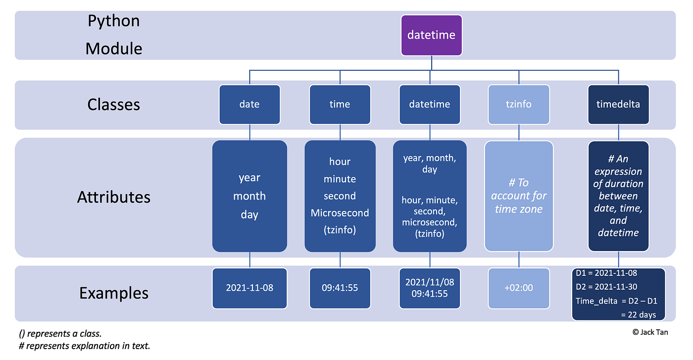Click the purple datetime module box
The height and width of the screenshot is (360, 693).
tap(431, 35)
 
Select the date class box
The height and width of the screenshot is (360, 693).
tap(249, 104)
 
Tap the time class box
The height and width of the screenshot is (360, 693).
tap(340, 104)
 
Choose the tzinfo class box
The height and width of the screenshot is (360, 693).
tap(519, 104)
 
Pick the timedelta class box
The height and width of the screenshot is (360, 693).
tap(618, 104)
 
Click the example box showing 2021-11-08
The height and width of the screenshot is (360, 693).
tap(249, 287)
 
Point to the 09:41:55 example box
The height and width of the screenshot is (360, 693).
tap(340, 287)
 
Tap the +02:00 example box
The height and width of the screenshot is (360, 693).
tap(519, 287)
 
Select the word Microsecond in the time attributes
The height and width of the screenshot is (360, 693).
tap(340, 213)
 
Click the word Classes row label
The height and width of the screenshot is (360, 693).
tap(113, 104)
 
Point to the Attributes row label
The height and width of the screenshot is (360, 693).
tap(113, 197)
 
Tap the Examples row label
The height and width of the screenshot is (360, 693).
tap(113, 293)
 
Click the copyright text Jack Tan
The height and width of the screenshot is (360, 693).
tap(650, 332)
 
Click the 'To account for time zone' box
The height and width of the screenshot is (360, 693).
tap(519, 196)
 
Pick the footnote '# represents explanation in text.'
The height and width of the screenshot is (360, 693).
tap(84, 346)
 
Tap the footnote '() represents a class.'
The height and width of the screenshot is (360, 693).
tap(60, 333)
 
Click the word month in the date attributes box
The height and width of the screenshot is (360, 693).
tap(249, 196)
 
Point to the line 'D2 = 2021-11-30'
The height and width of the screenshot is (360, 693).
tap(606, 287)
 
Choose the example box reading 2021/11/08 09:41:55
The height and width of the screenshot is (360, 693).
tap(430, 287)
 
